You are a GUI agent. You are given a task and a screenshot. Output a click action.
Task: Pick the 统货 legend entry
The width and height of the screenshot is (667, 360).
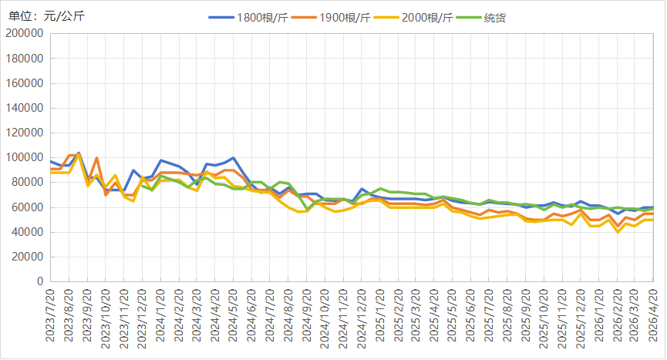click(x=483, y=17)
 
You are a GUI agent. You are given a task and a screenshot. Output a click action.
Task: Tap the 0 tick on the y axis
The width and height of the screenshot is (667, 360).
click(x=40, y=282)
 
